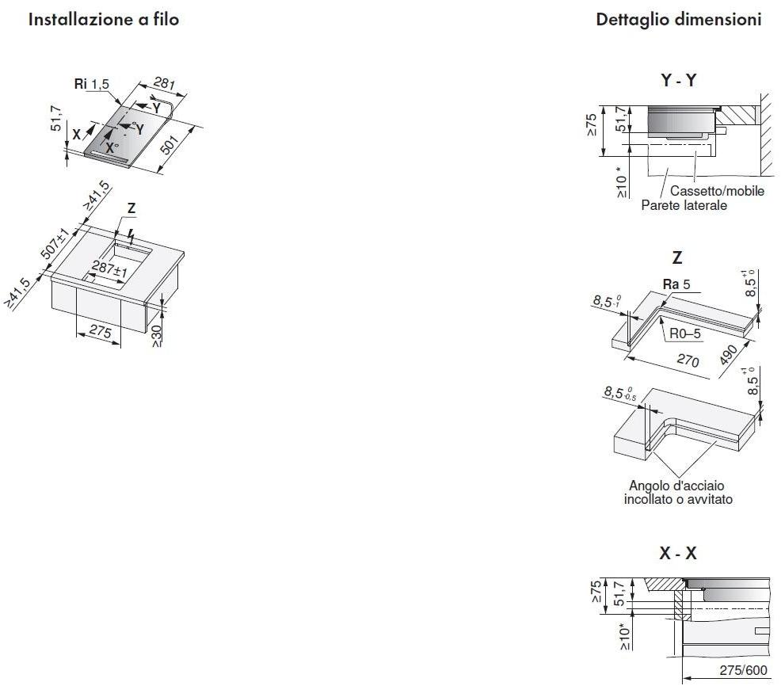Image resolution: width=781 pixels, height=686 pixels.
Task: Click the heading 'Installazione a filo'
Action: tap(104, 20)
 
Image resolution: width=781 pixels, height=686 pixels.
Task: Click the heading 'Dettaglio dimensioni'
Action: tap(678, 20)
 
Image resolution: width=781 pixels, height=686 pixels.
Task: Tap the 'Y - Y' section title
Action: tap(678, 80)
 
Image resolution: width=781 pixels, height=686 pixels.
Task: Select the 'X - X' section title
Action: tap(678, 553)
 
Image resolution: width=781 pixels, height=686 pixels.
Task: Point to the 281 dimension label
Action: tap(164, 82)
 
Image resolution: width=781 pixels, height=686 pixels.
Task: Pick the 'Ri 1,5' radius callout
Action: tap(92, 84)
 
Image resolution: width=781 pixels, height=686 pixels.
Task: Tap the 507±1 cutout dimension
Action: tap(55, 244)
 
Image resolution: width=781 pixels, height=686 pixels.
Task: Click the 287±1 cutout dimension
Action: tap(109, 269)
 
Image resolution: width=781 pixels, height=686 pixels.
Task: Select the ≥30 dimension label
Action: tap(156, 337)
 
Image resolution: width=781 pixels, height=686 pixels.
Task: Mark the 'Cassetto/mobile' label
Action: tap(718, 191)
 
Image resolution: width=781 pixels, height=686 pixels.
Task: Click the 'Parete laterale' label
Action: tap(684, 205)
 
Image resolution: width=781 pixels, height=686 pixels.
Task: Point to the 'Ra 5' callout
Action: tap(676, 284)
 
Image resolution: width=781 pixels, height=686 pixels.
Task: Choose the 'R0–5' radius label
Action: tap(685, 333)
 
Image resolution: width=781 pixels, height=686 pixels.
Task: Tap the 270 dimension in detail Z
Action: tap(688, 359)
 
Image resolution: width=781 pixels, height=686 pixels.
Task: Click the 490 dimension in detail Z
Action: tap(728, 354)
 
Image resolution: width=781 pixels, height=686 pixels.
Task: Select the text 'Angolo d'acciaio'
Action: tap(676, 486)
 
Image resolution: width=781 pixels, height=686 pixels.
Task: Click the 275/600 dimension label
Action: tap(743, 671)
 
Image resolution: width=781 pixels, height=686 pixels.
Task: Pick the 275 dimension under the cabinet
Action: tap(100, 331)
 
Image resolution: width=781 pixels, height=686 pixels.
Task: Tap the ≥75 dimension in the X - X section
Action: tap(596, 591)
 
